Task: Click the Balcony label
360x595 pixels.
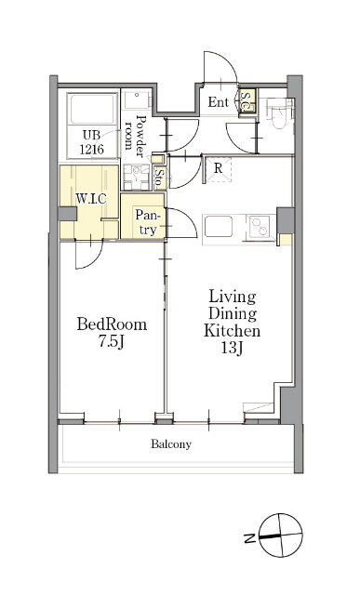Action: click(x=171, y=443)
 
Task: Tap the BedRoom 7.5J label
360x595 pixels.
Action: click(x=112, y=333)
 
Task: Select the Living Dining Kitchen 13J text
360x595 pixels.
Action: click(x=232, y=323)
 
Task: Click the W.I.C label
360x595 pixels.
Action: click(x=91, y=198)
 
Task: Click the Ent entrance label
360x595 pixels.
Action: click(x=219, y=101)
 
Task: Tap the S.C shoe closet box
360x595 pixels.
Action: click(x=247, y=100)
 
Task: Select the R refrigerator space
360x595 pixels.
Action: click(x=219, y=169)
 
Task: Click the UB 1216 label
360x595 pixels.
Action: click(x=91, y=141)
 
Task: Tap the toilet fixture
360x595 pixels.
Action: click(x=280, y=112)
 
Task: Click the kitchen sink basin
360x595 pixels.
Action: click(x=218, y=227)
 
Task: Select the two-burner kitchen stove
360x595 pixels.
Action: click(x=260, y=227)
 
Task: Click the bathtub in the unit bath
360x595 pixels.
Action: click(x=92, y=108)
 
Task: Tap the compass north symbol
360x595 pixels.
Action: click(x=281, y=535)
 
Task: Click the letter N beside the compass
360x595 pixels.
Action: click(x=249, y=537)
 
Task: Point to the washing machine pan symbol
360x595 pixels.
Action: click(x=135, y=177)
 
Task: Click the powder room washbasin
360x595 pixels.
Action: click(x=138, y=99)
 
